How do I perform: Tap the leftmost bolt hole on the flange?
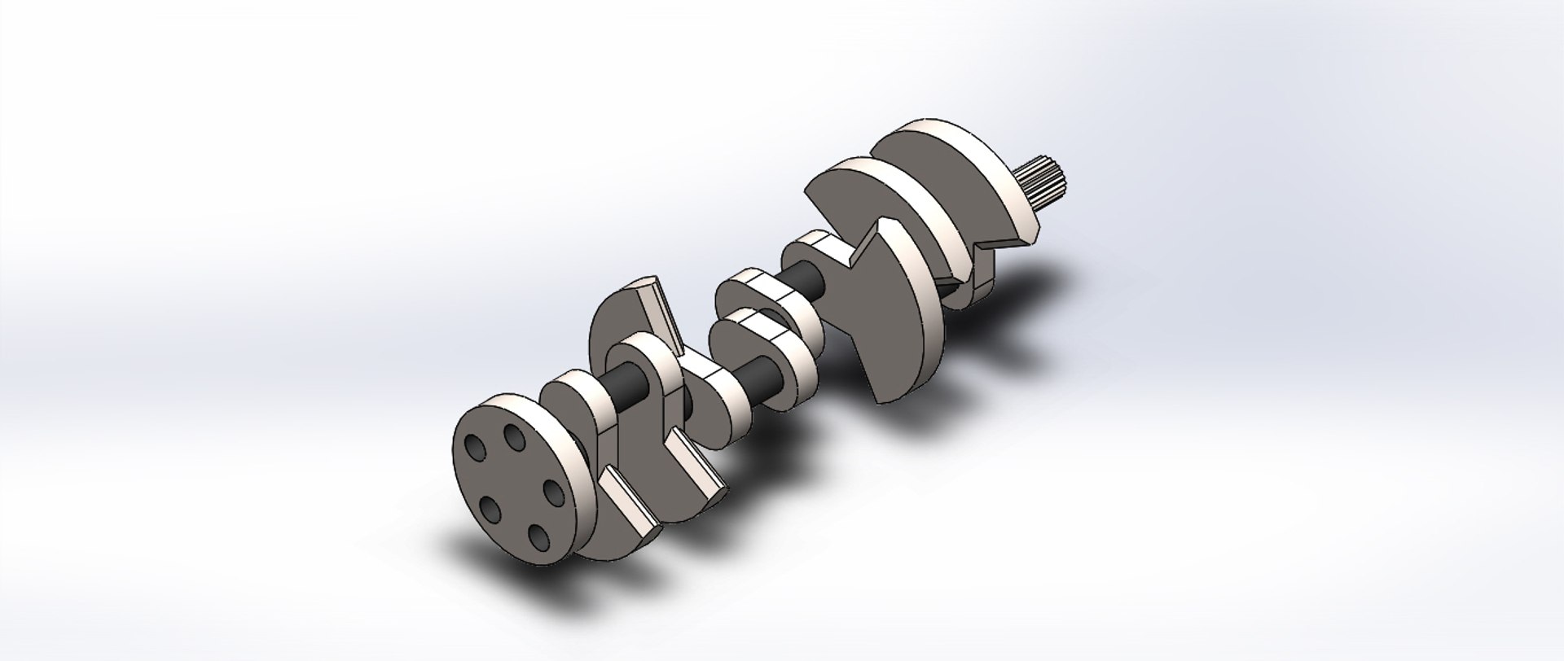(473, 449)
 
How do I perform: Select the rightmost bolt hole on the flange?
(553, 492)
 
